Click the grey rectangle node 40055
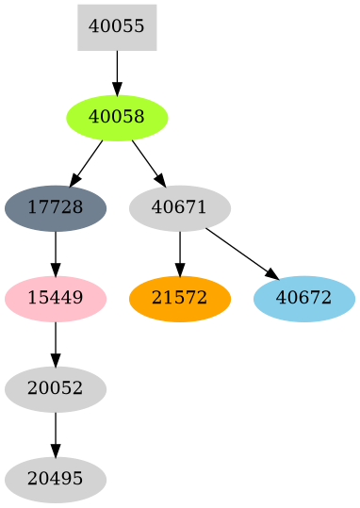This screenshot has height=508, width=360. (x=117, y=26)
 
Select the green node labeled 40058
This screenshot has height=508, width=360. (x=117, y=118)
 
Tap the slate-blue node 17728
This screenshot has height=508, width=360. (x=56, y=207)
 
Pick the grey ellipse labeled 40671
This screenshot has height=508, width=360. (x=179, y=207)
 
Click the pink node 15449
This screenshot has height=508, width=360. (x=56, y=298)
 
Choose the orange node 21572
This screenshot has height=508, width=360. (x=179, y=298)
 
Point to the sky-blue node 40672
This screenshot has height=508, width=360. (x=303, y=298)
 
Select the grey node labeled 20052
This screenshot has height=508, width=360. (x=56, y=388)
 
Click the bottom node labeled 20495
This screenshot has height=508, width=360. (x=56, y=480)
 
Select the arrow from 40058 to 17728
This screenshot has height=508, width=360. (x=87, y=162)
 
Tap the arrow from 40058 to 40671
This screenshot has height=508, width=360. (x=148, y=162)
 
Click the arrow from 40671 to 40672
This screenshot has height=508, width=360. (x=241, y=253)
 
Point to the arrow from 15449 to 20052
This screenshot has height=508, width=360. (x=56, y=343)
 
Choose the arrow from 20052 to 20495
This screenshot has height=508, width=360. (x=56, y=434)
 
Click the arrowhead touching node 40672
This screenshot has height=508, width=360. (x=272, y=274)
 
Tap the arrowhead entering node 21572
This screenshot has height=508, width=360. (x=179, y=269)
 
